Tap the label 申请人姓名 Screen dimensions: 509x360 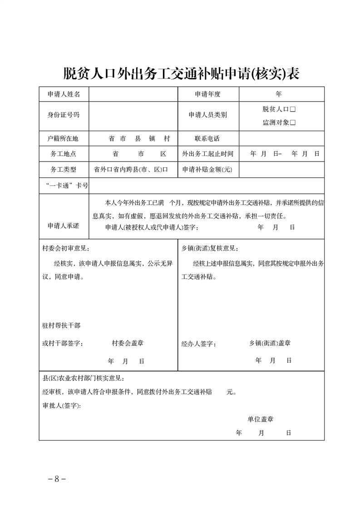pos(64,94)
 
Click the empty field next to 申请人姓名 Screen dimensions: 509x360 pos(133,94)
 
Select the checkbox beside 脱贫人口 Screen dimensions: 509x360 pos(293,109)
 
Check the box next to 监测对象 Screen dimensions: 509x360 pos(293,122)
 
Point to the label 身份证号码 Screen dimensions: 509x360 pos(64,115)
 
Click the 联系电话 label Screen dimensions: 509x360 pos(207,138)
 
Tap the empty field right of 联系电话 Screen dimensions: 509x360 pos(281,138)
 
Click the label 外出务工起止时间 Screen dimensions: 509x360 pos(207,154)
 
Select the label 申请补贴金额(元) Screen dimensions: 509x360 pos(207,170)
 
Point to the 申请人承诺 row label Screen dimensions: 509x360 pos(64,225)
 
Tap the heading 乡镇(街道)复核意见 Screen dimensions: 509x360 pos(209,248)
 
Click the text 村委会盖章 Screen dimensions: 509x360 pos(128,343)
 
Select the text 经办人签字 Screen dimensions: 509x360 pos(198,344)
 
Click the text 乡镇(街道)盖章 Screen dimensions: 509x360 pos(270,343)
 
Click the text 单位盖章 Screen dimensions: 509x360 pos(260,419)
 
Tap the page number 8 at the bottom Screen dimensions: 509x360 pos(57,479)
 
